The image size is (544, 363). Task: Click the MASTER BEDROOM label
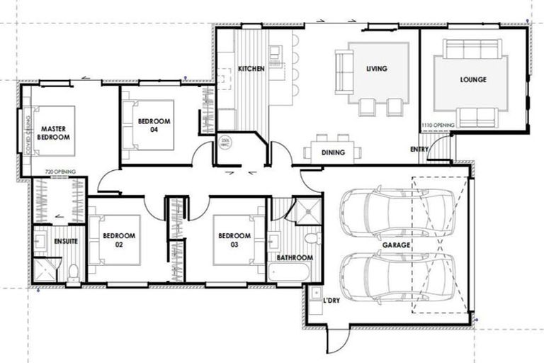point(55,132)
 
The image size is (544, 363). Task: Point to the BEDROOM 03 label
point(234,240)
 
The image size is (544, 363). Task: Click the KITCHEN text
point(251,69)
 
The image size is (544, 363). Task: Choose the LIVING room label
point(376,69)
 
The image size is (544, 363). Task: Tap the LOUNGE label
point(472,79)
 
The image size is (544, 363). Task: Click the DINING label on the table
point(332,152)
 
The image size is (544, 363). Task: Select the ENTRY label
point(419,150)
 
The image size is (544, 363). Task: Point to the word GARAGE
point(398,245)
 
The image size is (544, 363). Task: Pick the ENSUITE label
point(64,242)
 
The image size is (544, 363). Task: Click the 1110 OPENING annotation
point(438,125)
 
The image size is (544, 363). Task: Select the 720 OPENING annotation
point(60,172)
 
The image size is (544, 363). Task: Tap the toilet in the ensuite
point(73,272)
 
